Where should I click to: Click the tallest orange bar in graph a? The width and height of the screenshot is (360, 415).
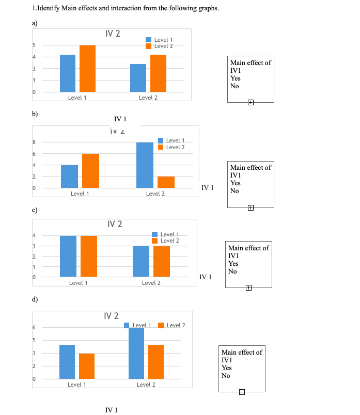pyautogui.click(x=87, y=68)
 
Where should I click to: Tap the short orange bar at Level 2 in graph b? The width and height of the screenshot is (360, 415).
pyautogui.click(x=166, y=182)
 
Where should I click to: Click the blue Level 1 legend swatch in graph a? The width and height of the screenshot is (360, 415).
pyautogui.click(x=149, y=40)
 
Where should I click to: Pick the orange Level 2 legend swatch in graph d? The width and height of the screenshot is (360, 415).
pyautogui.click(x=161, y=325)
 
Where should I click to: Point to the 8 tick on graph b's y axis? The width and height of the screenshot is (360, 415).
pyautogui.click(x=34, y=142)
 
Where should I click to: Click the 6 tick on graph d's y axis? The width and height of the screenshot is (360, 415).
pyautogui.click(x=34, y=328)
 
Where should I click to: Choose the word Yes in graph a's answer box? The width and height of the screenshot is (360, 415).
pyautogui.click(x=235, y=78)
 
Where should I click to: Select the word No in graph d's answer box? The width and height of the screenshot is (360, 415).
pyautogui.click(x=226, y=375)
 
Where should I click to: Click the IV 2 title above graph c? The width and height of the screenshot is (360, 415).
pyautogui.click(x=115, y=224)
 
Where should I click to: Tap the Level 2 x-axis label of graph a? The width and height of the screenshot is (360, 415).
pyautogui.click(x=148, y=98)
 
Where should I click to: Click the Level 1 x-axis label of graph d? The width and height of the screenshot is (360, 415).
pyautogui.click(x=76, y=385)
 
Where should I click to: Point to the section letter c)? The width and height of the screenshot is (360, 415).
pyautogui.click(x=34, y=211)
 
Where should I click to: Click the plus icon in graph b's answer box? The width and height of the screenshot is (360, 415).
pyautogui.click(x=251, y=207)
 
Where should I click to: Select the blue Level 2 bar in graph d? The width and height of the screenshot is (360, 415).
pyautogui.click(x=136, y=353)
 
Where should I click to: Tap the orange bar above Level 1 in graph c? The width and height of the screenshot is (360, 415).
pyautogui.click(x=89, y=256)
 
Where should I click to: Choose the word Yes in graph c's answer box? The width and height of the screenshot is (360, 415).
pyautogui.click(x=233, y=264)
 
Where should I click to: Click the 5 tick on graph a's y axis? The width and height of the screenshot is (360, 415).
pyautogui.click(x=34, y=45)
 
